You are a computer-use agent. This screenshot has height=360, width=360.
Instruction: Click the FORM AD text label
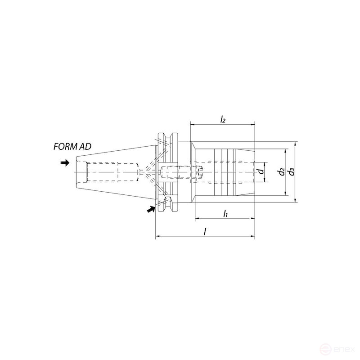[x=72, y=147]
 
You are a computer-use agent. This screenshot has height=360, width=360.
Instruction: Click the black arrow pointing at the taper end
[x=65, y=163]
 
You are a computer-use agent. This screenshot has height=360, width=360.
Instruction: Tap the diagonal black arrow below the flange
[x=151, y=209]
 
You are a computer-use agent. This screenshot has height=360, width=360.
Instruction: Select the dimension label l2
[x=223, y=119]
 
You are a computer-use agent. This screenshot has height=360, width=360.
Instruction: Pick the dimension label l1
[x=225, y=213]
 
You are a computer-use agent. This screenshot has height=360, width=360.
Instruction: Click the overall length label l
[x=205, y=231]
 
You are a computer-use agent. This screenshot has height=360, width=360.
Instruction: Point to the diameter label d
[x=261, y=171]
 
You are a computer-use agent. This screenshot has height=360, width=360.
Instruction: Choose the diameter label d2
[x=282, y=172]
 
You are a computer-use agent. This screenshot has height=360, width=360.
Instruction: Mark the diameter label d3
[x=292, y=172]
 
